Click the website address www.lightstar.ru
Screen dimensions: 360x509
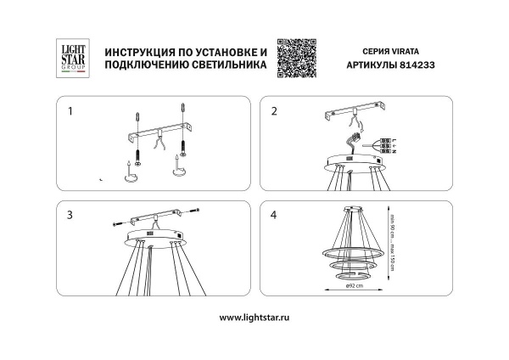click(x=254, y=318)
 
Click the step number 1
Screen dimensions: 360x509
click(x=70, y=111)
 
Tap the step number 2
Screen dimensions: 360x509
click(x=274, y=111)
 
